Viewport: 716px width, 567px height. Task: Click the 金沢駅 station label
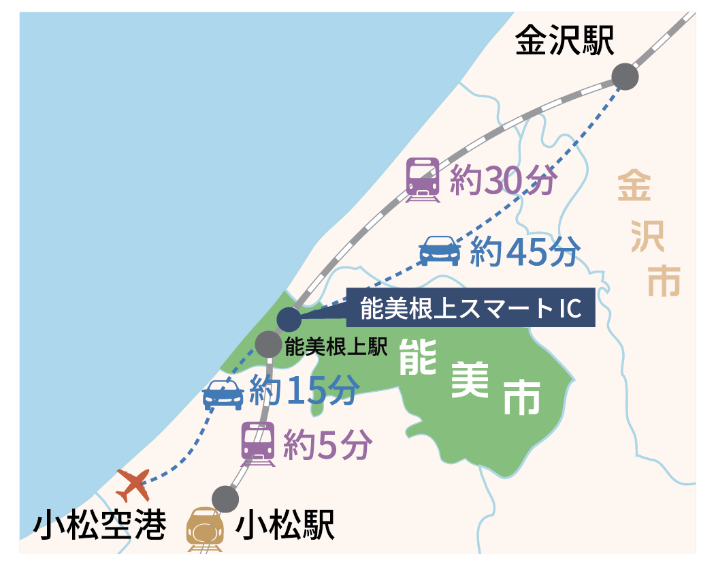point(564,41)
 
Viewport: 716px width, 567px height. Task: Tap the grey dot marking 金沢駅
point(624,76)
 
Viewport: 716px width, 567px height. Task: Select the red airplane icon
point(133,485)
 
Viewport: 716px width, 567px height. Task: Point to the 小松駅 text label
point(285,526)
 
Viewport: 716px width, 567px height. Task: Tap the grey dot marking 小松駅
point(225,499)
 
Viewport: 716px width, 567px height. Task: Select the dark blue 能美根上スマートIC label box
point(470,308)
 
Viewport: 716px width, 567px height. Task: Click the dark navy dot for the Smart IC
point(289,319)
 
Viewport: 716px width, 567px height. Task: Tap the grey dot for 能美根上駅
point(267,344)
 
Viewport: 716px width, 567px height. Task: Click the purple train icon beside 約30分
point(423,179)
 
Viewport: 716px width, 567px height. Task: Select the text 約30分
point(504,181)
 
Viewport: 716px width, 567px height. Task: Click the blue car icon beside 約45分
point(439,250)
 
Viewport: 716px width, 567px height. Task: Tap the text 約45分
point(525,251)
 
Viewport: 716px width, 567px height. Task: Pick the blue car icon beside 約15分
point(224,394)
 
